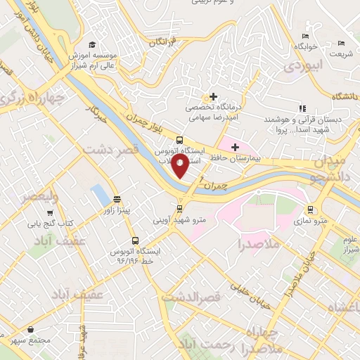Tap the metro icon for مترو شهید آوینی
click(x=180, y=208)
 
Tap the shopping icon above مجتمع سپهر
click(x=30, y=328)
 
